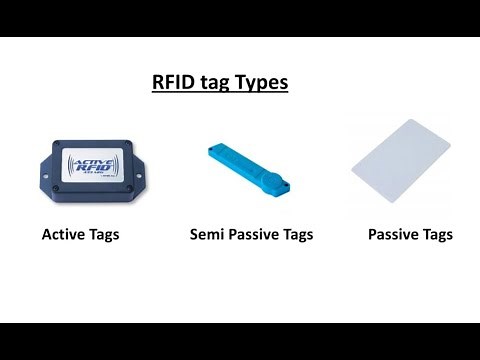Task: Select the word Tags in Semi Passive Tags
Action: click(299, 235)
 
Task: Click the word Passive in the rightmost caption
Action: click(392, 235)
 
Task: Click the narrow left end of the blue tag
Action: click(215, 151)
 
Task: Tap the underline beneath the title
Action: click(219, 93)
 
